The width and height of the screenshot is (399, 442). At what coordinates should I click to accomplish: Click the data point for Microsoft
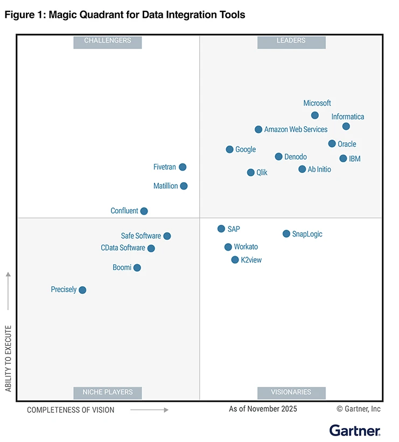pyautogui.click(x=315, y=115)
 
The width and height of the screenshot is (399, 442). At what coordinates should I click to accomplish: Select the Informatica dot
pyautogui.click(x=346, y=126)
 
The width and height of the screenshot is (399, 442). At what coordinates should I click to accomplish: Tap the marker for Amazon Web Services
pyautogui.click(x=258, y=129)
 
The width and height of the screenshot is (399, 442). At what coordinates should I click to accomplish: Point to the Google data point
pyautogui.click(x=230, y=149)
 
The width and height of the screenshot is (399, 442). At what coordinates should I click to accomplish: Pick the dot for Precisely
pyautogui.click(x=82, y=290)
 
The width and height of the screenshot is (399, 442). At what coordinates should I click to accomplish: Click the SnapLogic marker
pyautogui.click(x=286, y=234)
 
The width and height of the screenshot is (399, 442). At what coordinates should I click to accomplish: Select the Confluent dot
pyautogui.click(x=144, y=211)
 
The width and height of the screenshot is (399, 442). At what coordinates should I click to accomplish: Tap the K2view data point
pyautogui.click(x=235, y=260)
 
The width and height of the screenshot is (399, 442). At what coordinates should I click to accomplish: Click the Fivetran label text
pyautogui.click(x=165, y=167)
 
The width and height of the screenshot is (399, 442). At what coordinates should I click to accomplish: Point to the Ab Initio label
pyautogui.click(x=319, y=169)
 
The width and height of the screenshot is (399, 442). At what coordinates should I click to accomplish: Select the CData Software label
pyautogui.click(x=123, y=248)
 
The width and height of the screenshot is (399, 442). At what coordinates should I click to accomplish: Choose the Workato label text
pyautogui.click(x=246, y=247)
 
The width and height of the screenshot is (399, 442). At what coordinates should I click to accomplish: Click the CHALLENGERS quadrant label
pyautogui.click(x=108, y=41)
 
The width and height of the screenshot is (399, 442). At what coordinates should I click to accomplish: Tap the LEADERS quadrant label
pyautogui.click(x=291, y=41)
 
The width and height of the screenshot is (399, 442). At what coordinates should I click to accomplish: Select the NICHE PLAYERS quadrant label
pyautogui.click(x=108, y=392)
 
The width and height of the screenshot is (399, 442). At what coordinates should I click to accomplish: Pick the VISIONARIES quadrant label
pyautogui.click(x=291, y=392)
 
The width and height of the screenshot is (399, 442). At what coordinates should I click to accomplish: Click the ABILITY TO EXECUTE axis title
pyautogui.click(x=8, y=358)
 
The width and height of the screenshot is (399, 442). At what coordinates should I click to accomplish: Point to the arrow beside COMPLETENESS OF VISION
pyautogui.click(x=150, y=410)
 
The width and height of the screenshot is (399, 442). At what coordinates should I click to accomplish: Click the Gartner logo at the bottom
pyautogui.click(x=355, y=430)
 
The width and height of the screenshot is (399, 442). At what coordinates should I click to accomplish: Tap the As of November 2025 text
pyautogui.click(x=263, y=409)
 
